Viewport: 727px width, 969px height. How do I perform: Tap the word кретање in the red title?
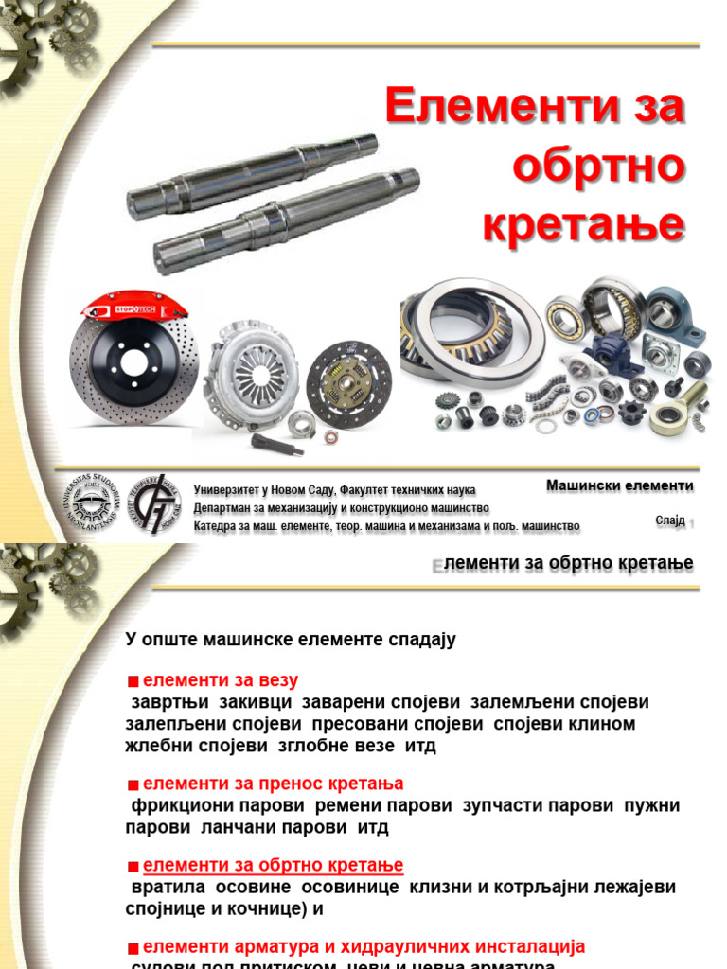pyautogui.click(x=583, y=226)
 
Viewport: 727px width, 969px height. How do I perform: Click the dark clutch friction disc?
pyautogui.click(x=348, y=384)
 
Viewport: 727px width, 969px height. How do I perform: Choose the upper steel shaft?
pyautogui.click(x=252, y=176)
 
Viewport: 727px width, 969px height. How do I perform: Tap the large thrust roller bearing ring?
pyautogui.click(x=473, y=331)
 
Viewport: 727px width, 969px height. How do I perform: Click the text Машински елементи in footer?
pyautogui.click(x=619, y=485)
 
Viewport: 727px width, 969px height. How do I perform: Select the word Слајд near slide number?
pyautogui.click(x=669, y=520)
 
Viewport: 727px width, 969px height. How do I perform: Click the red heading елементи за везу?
pyautogui.click(x=220, y=680)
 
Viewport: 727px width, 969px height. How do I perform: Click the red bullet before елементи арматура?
pyautogui.click(x=133, y=948)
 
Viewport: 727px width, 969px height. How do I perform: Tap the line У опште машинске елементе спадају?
pyautogui.click(x=291, y=640)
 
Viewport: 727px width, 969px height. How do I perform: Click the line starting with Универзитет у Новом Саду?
pyautogui.click(x=334, y=490)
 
